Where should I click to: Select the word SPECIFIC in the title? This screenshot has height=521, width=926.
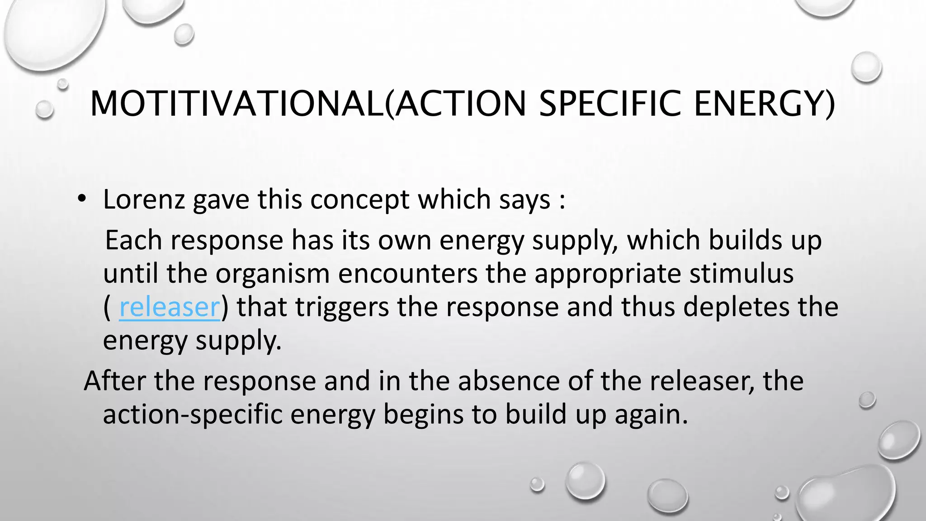(x=610, y=104)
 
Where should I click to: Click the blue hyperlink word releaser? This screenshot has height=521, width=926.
(x=169, y=307)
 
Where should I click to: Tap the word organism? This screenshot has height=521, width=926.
(x=272, y=274)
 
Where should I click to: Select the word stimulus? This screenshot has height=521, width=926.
(x=741, y=274)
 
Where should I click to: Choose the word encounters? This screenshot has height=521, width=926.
(x=408, y=274)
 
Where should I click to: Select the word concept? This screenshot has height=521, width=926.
(x=359, y=200)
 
